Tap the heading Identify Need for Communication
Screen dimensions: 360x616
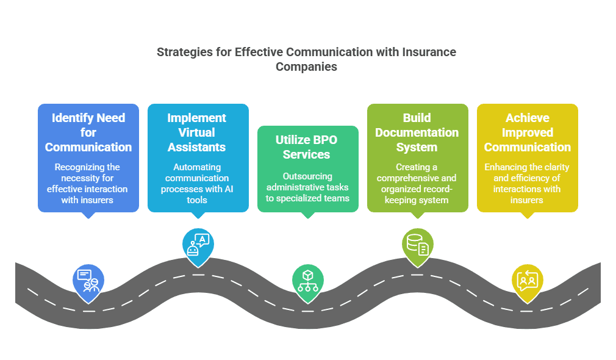point(88,132)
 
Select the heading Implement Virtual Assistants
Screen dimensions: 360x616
point(198,132)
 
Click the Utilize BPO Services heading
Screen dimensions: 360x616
point(307,147)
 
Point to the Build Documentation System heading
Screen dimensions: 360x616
point(417,132)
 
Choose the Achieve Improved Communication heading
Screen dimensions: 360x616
point(527,132)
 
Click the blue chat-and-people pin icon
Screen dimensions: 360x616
point(88,281)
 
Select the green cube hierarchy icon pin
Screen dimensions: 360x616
point(308,281)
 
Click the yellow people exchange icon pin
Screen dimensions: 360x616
point(528,280)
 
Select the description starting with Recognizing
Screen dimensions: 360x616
point(88,183)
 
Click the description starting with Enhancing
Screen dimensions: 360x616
point(527,183)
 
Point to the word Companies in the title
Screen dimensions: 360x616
point(306,67)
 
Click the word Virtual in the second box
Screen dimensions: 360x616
point(198,132)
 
